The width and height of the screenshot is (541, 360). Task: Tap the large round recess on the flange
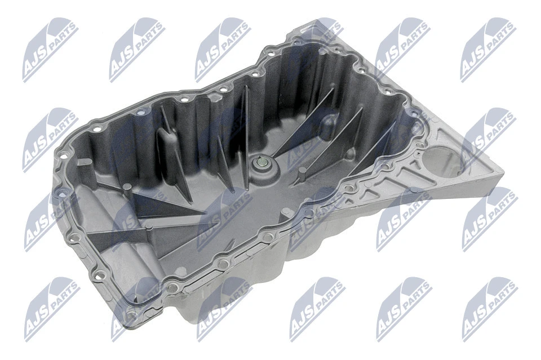(442, 162)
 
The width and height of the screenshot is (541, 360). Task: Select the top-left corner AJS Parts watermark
(50, 50)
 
